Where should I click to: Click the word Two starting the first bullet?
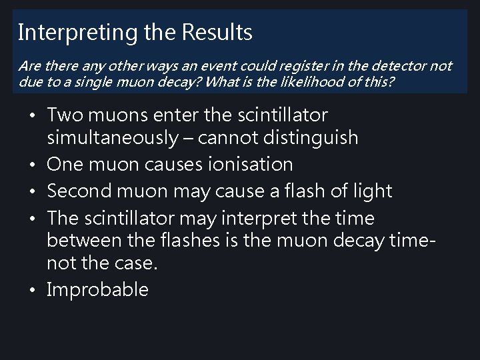[x=65, y=115]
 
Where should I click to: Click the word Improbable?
[x=98, y=290]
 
